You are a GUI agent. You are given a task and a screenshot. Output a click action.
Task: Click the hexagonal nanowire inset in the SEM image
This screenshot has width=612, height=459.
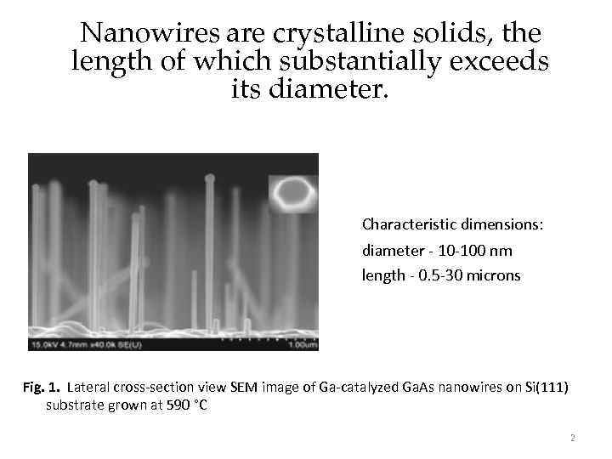[292, 194]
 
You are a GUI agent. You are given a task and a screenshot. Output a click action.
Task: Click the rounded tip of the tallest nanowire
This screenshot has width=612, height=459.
[209, 178]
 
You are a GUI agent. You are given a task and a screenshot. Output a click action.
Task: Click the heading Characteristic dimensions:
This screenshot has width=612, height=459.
[452, 224]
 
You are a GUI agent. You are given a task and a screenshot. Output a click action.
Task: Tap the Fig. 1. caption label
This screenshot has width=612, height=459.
[42, 388]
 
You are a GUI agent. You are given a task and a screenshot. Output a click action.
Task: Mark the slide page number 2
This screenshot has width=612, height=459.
[573, 439]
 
